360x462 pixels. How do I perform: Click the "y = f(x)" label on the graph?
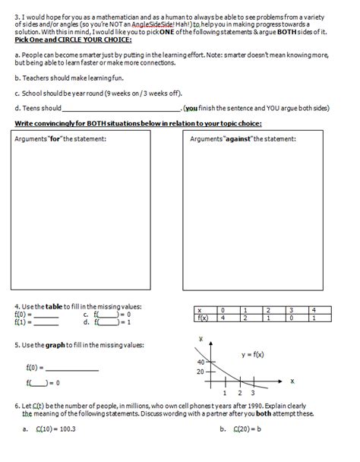[x=256, y=354]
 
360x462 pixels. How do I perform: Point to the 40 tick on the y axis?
[x=200, y=362]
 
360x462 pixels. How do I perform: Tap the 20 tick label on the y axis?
[x=200, y=372]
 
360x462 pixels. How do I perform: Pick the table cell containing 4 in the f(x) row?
[x=223, y=318]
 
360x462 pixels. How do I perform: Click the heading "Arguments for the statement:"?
[x=62, y=139]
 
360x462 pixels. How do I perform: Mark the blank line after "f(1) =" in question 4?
[x=46, y=322]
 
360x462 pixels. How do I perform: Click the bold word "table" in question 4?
[x=52, y=306]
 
